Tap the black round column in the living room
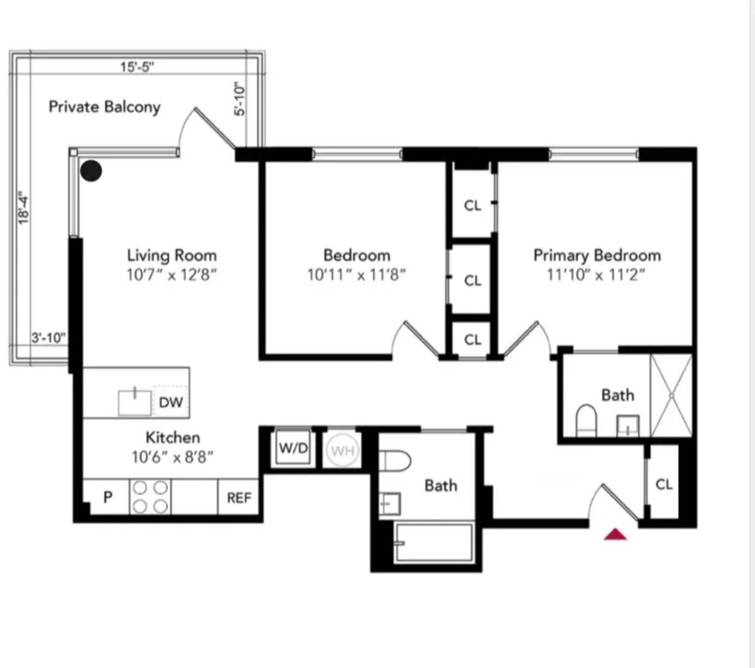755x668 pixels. click(x=91, y=171)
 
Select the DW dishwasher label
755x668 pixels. click(x=171, y=402)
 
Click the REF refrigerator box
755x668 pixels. click(x=239, y=498)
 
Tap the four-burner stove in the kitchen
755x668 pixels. click(x=150, y=497)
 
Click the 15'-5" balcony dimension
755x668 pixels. click(x=137, y=67)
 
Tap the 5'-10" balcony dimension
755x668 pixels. click(x=240, y=99)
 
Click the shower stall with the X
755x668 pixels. click(x=671, y=396)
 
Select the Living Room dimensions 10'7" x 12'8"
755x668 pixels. click(x=171, y=275)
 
